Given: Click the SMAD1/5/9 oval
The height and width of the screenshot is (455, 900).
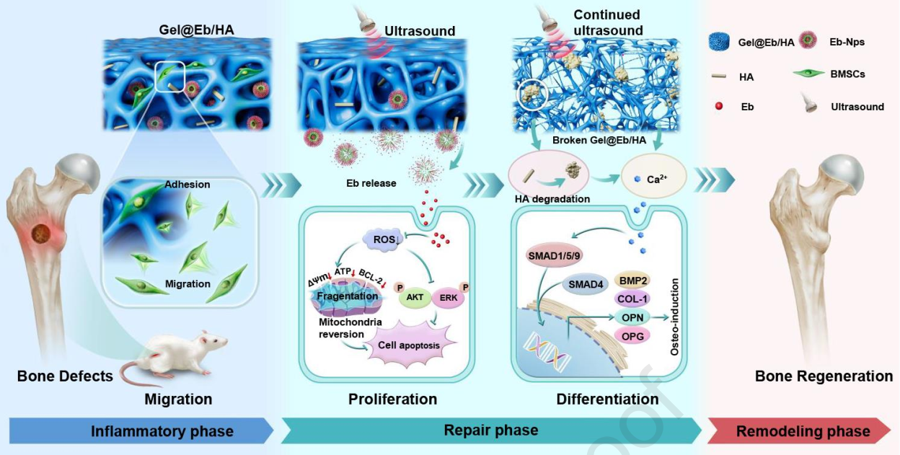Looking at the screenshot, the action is click(554, 255).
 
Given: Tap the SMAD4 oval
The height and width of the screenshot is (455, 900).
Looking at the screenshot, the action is click(585, 284).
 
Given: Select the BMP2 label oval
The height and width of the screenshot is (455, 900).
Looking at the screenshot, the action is click(633, 280).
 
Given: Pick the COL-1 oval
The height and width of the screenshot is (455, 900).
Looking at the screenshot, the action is click(633, 299).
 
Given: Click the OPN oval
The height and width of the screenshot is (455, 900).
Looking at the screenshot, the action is click(633, 318).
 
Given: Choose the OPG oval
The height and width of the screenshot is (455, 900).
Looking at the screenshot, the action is click(633, 336).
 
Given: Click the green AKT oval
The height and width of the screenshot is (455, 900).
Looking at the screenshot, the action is click(415, 298).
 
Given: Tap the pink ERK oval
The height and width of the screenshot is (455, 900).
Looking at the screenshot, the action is click(448, 298).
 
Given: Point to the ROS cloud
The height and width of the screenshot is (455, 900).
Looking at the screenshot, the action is click(384, 239).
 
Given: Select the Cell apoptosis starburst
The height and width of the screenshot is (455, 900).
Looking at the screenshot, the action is click(409, 345).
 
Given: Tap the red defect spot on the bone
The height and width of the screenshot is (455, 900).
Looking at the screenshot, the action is click(42, 234).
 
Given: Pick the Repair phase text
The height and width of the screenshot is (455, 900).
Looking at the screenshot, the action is click(491, 430).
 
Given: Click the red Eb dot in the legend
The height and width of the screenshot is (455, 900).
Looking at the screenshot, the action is click(719, 106).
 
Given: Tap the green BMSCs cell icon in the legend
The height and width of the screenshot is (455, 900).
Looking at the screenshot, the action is click(809, 74).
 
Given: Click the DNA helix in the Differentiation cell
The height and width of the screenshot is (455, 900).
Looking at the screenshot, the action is click(547, 352).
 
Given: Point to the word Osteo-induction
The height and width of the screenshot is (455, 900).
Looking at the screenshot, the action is click(674, 317).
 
